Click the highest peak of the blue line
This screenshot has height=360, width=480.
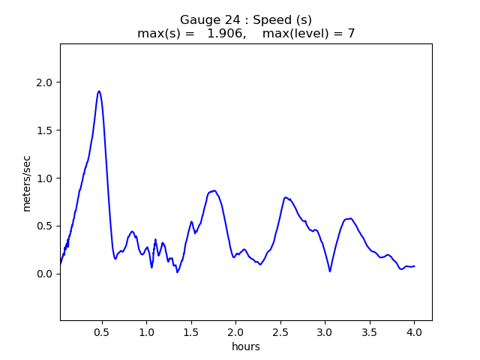99,91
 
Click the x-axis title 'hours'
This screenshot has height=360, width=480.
246,346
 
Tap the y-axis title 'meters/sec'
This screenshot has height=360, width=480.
27,183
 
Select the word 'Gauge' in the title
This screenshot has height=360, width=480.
197,20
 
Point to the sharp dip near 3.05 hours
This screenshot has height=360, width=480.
330,271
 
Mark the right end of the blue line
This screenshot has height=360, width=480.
414,266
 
